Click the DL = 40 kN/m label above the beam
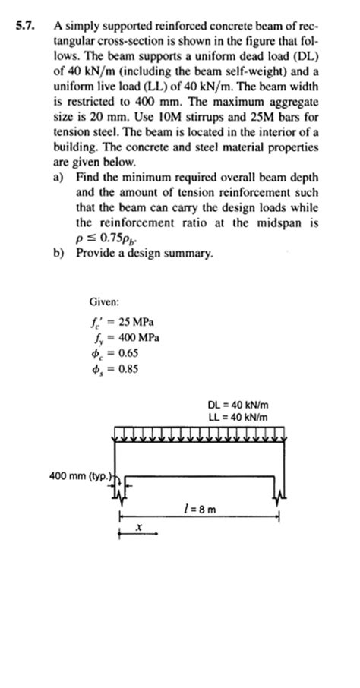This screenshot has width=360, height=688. [238, 405]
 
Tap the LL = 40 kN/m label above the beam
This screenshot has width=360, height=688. [238, 417]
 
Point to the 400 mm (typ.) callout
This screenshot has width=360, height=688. [79, 476]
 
